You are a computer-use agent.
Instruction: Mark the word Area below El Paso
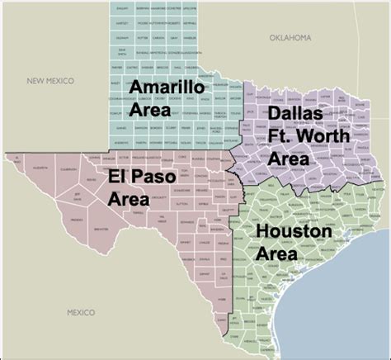pyautogui.click(x=129, y=198)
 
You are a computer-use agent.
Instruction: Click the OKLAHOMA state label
pyautogui.click(x=290, y=37)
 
